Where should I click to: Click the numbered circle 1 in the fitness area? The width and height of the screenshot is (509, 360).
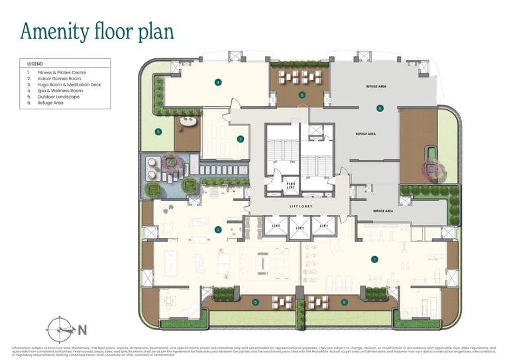(374, 259)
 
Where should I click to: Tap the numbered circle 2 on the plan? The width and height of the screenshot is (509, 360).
(217, 230)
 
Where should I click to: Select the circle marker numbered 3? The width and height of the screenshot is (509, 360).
(240, 139)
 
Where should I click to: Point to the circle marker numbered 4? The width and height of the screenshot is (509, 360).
(217, 82)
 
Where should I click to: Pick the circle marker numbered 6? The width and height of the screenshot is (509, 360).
(380, 108)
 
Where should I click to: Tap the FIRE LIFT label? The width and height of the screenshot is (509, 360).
(290, 186)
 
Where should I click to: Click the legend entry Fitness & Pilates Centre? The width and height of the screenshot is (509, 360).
(62, 72)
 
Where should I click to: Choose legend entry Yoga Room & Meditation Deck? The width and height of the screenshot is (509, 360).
(66, 84)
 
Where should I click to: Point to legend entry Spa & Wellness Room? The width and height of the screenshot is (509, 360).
(60, 91)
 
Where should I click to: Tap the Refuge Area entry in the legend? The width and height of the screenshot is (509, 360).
(50, 103)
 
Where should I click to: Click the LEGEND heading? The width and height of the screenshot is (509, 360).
(35, 64)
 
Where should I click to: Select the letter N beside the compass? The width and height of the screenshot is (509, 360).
(83, 330)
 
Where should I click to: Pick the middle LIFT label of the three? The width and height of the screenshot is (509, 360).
(299, 226)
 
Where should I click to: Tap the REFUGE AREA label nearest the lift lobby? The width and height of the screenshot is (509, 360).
(382, 211)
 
